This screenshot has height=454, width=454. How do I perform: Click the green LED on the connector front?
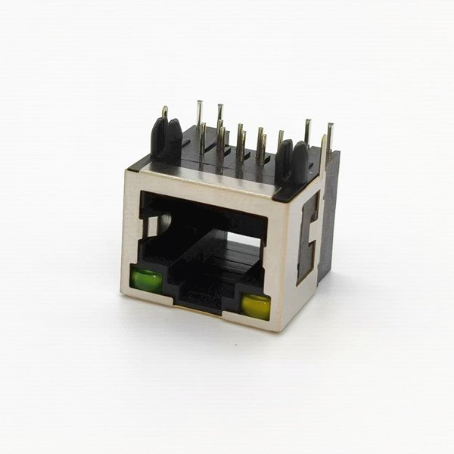(x=146, y=281)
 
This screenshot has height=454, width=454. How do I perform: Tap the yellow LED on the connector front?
(x=256, y=306)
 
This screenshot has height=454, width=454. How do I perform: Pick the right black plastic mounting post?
(x=293, y=159)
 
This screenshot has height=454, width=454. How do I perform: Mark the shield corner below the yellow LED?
(x=277, y=325)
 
